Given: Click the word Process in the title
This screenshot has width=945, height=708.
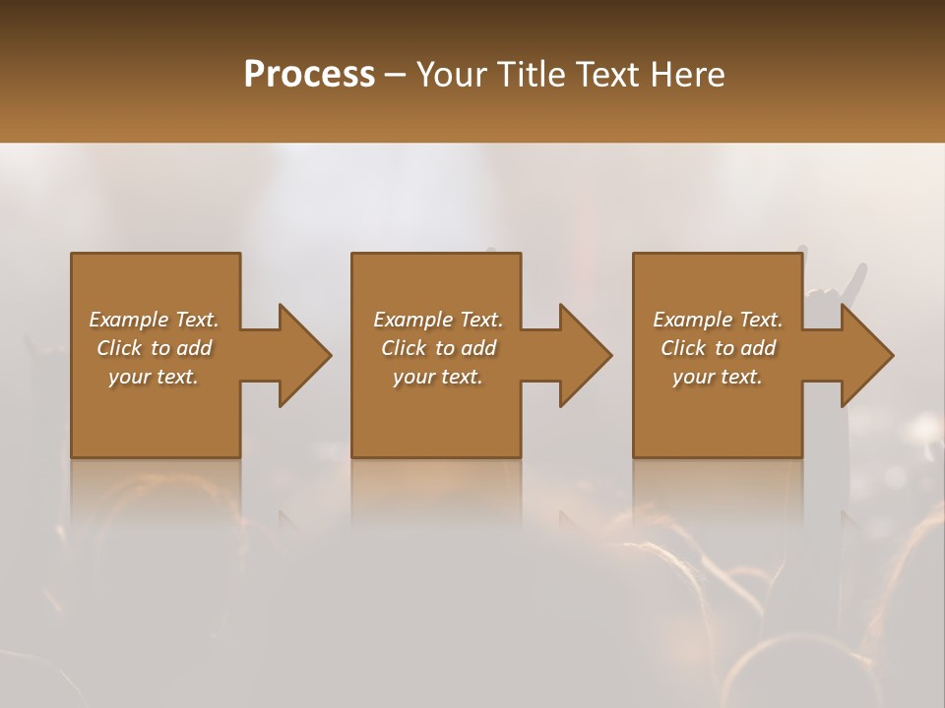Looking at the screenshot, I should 309,75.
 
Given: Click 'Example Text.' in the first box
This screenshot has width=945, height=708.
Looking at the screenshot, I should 154,320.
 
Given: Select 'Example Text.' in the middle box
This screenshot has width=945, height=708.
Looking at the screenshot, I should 438,320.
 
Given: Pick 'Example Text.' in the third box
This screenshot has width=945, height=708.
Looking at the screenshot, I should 718,320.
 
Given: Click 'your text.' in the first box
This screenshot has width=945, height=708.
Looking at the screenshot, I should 154,377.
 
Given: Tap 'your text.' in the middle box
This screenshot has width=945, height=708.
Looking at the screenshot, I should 438,377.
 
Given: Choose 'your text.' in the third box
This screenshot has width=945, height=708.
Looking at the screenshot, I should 718,377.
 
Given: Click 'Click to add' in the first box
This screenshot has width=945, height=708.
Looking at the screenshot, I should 154,348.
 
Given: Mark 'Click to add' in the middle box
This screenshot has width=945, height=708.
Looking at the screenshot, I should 438,348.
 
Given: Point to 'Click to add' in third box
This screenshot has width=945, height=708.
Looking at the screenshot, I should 718,348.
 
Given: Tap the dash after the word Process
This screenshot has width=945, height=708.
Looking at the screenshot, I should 395,76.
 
